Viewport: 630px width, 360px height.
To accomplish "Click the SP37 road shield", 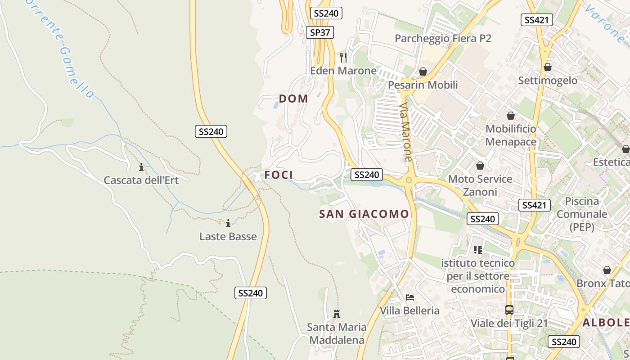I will (x=320, y=32).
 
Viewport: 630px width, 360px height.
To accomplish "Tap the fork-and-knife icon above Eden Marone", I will (x=343, y=57).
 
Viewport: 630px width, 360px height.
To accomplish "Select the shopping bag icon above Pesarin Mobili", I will (x=423, y=72).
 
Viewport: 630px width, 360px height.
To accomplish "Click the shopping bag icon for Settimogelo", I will (x=548, y=67).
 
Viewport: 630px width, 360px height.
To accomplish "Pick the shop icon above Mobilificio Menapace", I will (x=510, y=116).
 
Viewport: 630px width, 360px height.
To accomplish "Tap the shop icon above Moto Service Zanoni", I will (x=480, y=166).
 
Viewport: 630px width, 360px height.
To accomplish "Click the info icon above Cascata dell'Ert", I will (x=141, y=167).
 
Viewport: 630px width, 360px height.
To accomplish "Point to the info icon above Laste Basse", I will (x=228, y=223).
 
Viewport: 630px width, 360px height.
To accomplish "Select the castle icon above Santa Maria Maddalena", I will (x=336, y=314).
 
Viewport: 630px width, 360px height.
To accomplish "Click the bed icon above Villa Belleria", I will (x=409, y=297).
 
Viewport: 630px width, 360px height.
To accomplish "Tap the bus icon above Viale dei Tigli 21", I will (x=509, y=310).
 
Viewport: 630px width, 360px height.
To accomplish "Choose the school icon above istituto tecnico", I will (x=477, y=249).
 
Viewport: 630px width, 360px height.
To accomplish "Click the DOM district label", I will (x=293, y=99).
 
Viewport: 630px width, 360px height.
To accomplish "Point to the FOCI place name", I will (x=279, y=175).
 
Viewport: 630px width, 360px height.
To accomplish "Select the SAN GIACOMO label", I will (x=364, y=214).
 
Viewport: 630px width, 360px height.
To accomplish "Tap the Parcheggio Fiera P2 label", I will (x=443, y=38).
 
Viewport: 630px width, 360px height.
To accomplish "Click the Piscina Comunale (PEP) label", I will (x=582, y=214).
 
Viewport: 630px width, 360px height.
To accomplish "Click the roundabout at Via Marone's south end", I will (x=409, y=180).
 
